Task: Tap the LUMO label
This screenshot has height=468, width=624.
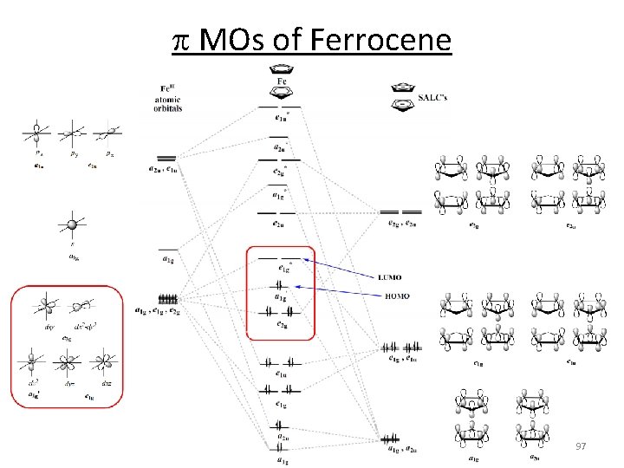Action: point(389,277)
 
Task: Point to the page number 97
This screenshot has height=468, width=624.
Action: point(582,445)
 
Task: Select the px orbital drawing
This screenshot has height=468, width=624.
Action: point(36,134)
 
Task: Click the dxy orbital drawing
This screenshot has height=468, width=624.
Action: point(41,307)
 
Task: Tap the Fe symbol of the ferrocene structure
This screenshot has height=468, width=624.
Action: point(283,82)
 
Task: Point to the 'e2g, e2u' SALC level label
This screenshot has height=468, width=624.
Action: point(401,224)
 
